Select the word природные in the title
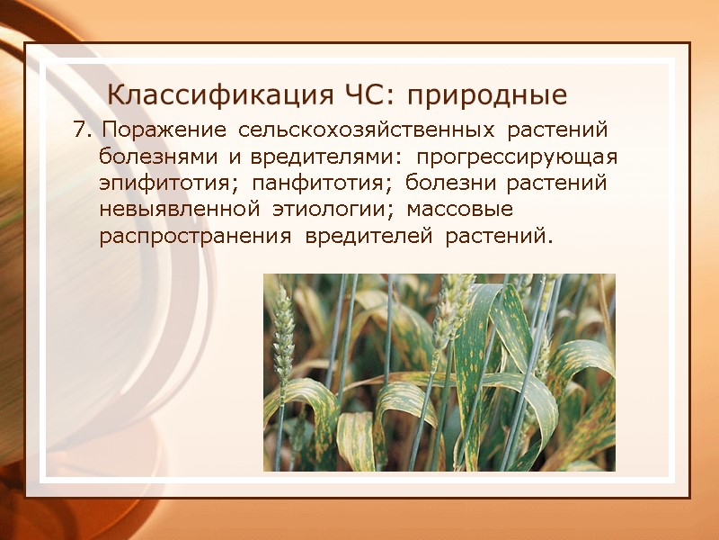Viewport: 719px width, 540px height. (491, 94)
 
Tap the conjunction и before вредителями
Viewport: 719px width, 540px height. (234, 157)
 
